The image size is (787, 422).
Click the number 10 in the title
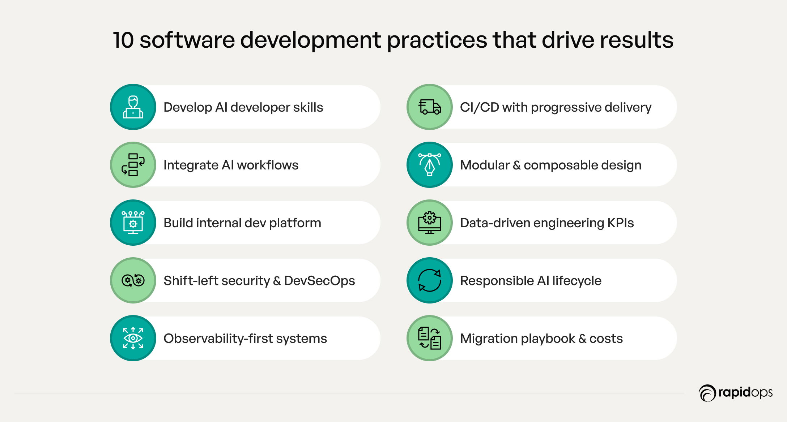(123, 40)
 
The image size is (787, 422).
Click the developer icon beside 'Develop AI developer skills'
(133, 107)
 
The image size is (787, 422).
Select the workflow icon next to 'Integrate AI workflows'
(133, 165)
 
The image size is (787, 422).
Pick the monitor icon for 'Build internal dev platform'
(133, 223)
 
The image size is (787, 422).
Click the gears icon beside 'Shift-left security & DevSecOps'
(133, 280)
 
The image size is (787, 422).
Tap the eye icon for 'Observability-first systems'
(133, 338)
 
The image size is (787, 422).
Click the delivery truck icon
(430, 107)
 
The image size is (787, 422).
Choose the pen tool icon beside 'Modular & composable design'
(430, 165)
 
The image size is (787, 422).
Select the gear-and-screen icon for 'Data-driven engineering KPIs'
(430, 223)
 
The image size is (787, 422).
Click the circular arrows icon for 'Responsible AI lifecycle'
(430, 280)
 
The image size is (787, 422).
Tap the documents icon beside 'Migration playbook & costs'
(430, 338)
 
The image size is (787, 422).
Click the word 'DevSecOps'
(319, 281)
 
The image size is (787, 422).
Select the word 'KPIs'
(621, 223)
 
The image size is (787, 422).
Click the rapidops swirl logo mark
(707, 393)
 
